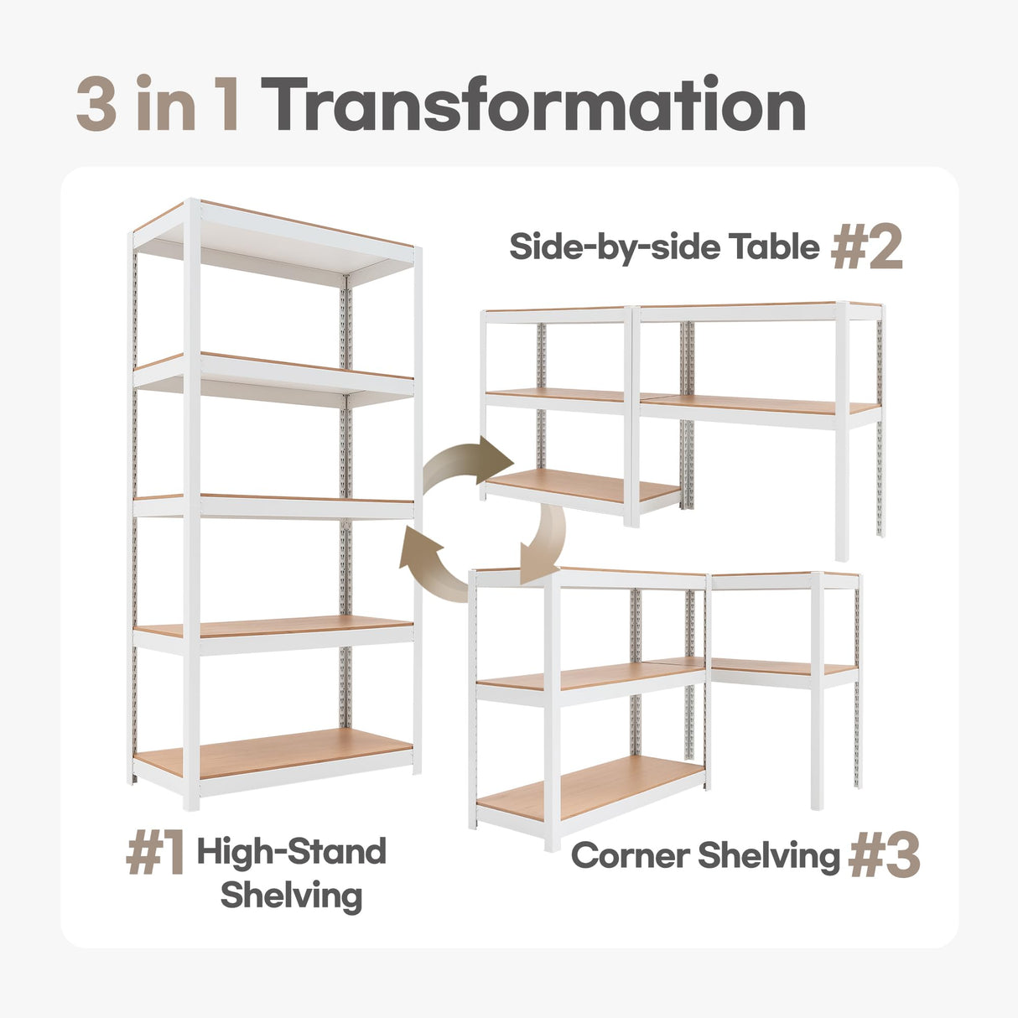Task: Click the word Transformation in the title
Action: click(537, 106)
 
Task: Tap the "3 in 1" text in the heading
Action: click(159, 106)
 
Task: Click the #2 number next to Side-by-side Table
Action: click(866, 249)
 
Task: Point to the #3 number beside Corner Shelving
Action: click(884, 857)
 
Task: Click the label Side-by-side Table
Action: click(664, 247)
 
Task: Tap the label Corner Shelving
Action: click(704, 856)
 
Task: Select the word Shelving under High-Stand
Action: click(291, 896)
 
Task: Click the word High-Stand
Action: click(291, 852)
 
